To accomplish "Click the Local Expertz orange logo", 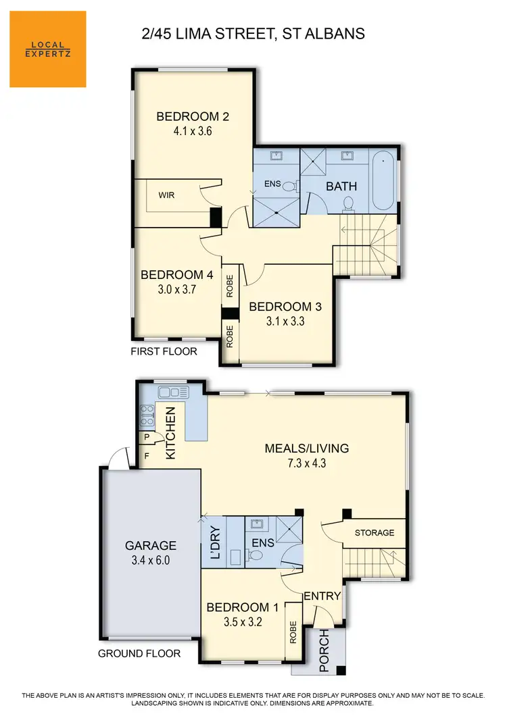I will click(47, 49).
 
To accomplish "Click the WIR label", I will click(167, 195).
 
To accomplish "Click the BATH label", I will click(341, 186).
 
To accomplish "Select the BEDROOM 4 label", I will click(172, 275).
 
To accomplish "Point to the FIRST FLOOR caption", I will click(165, 351).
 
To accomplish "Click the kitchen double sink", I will click(173, 392).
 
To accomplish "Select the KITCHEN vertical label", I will click(171, 433).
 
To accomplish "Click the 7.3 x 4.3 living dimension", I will click(306, 463).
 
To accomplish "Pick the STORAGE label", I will click(375, 532).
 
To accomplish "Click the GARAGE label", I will click(150, 546).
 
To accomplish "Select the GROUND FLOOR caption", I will click(139, 653).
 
